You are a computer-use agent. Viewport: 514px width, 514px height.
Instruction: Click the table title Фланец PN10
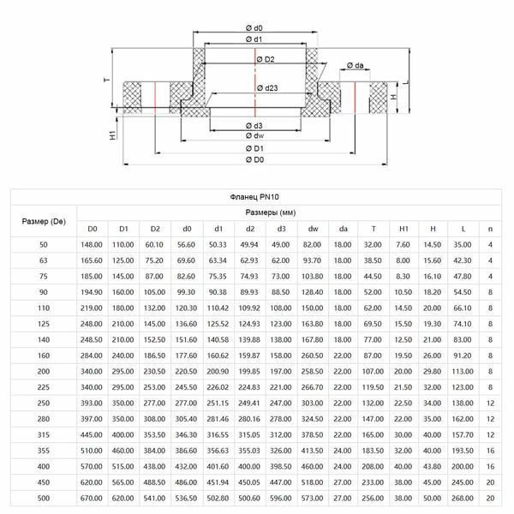pos(254,197)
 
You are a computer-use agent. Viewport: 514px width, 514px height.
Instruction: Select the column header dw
pos(313,229)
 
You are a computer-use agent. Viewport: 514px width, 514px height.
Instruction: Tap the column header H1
pos(403,229)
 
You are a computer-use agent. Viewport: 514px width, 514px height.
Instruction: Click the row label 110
pos(44,308)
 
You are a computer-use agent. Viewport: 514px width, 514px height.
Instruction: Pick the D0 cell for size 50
pos(92,245)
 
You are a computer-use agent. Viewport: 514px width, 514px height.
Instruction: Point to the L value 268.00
pos(463,499)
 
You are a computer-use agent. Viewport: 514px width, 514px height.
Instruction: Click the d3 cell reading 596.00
pos(281,499)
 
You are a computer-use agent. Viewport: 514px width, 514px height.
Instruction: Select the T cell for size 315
pos(373,435)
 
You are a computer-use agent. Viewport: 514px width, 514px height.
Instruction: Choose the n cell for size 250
pos(490,403)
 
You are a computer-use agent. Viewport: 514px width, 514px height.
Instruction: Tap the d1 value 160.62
pos(218,356)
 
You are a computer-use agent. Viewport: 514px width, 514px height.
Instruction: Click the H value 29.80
pos(432,372)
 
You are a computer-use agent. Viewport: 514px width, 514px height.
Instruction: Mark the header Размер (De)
pos(44,222)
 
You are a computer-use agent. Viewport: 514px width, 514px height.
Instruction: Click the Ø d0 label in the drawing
pos(254,28)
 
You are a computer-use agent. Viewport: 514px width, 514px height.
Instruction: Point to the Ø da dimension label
pos(356,65)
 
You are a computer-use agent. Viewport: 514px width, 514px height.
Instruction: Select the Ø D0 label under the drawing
pos(254,159)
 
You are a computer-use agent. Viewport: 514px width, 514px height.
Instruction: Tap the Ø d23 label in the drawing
pos(267,88)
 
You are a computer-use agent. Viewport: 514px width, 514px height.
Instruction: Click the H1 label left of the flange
pos(112,134)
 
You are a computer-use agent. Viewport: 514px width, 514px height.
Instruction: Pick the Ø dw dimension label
pos(254,135)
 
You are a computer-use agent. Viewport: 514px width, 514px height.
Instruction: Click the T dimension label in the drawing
pos(107,80)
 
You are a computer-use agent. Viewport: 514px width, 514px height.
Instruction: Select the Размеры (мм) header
pos(271,212)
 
